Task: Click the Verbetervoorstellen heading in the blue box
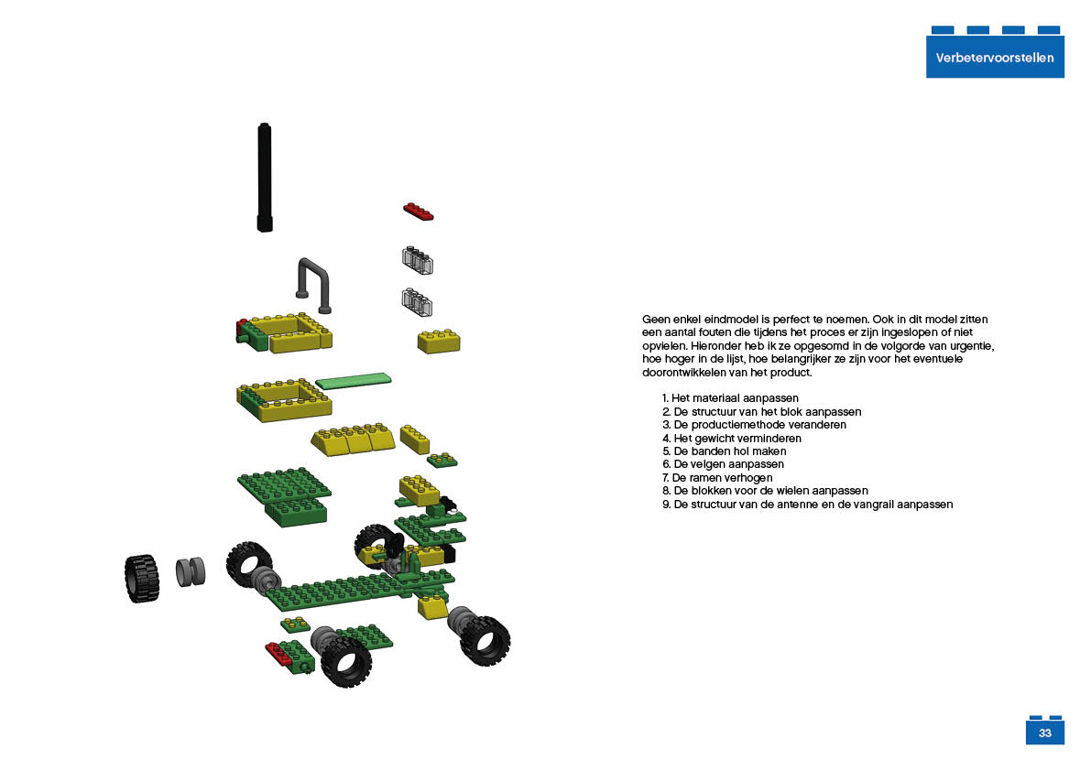(x=994, y=58)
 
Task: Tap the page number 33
(x=1044, y=733)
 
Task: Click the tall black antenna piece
(x=265, y=178)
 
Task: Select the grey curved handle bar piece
(x=314, y=285)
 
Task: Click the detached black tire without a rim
(x=142, y=579)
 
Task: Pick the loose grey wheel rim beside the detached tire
(x=190, y=571)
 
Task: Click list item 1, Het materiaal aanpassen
(x=730, y=398)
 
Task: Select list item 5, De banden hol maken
(x=724, y=451)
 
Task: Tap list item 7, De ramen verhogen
(x=716, y=478)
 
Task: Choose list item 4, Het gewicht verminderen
(x=731, y=438)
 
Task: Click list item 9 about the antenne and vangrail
(x=807, y=504)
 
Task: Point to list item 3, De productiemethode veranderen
(x=754, y=425)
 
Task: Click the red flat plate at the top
(x=418, y=212)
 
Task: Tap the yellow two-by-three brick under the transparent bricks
(x=439, y=342)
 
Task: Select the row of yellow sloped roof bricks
(x=354, y=439)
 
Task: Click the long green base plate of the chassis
(x=348, y=592)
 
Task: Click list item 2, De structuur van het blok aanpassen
(x=761, y=411)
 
